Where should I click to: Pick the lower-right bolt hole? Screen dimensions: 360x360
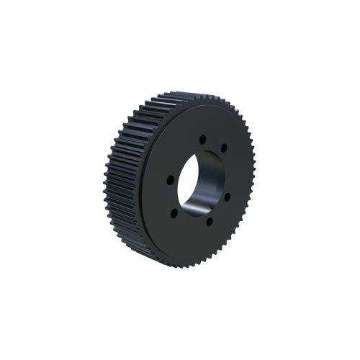(228, 194)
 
